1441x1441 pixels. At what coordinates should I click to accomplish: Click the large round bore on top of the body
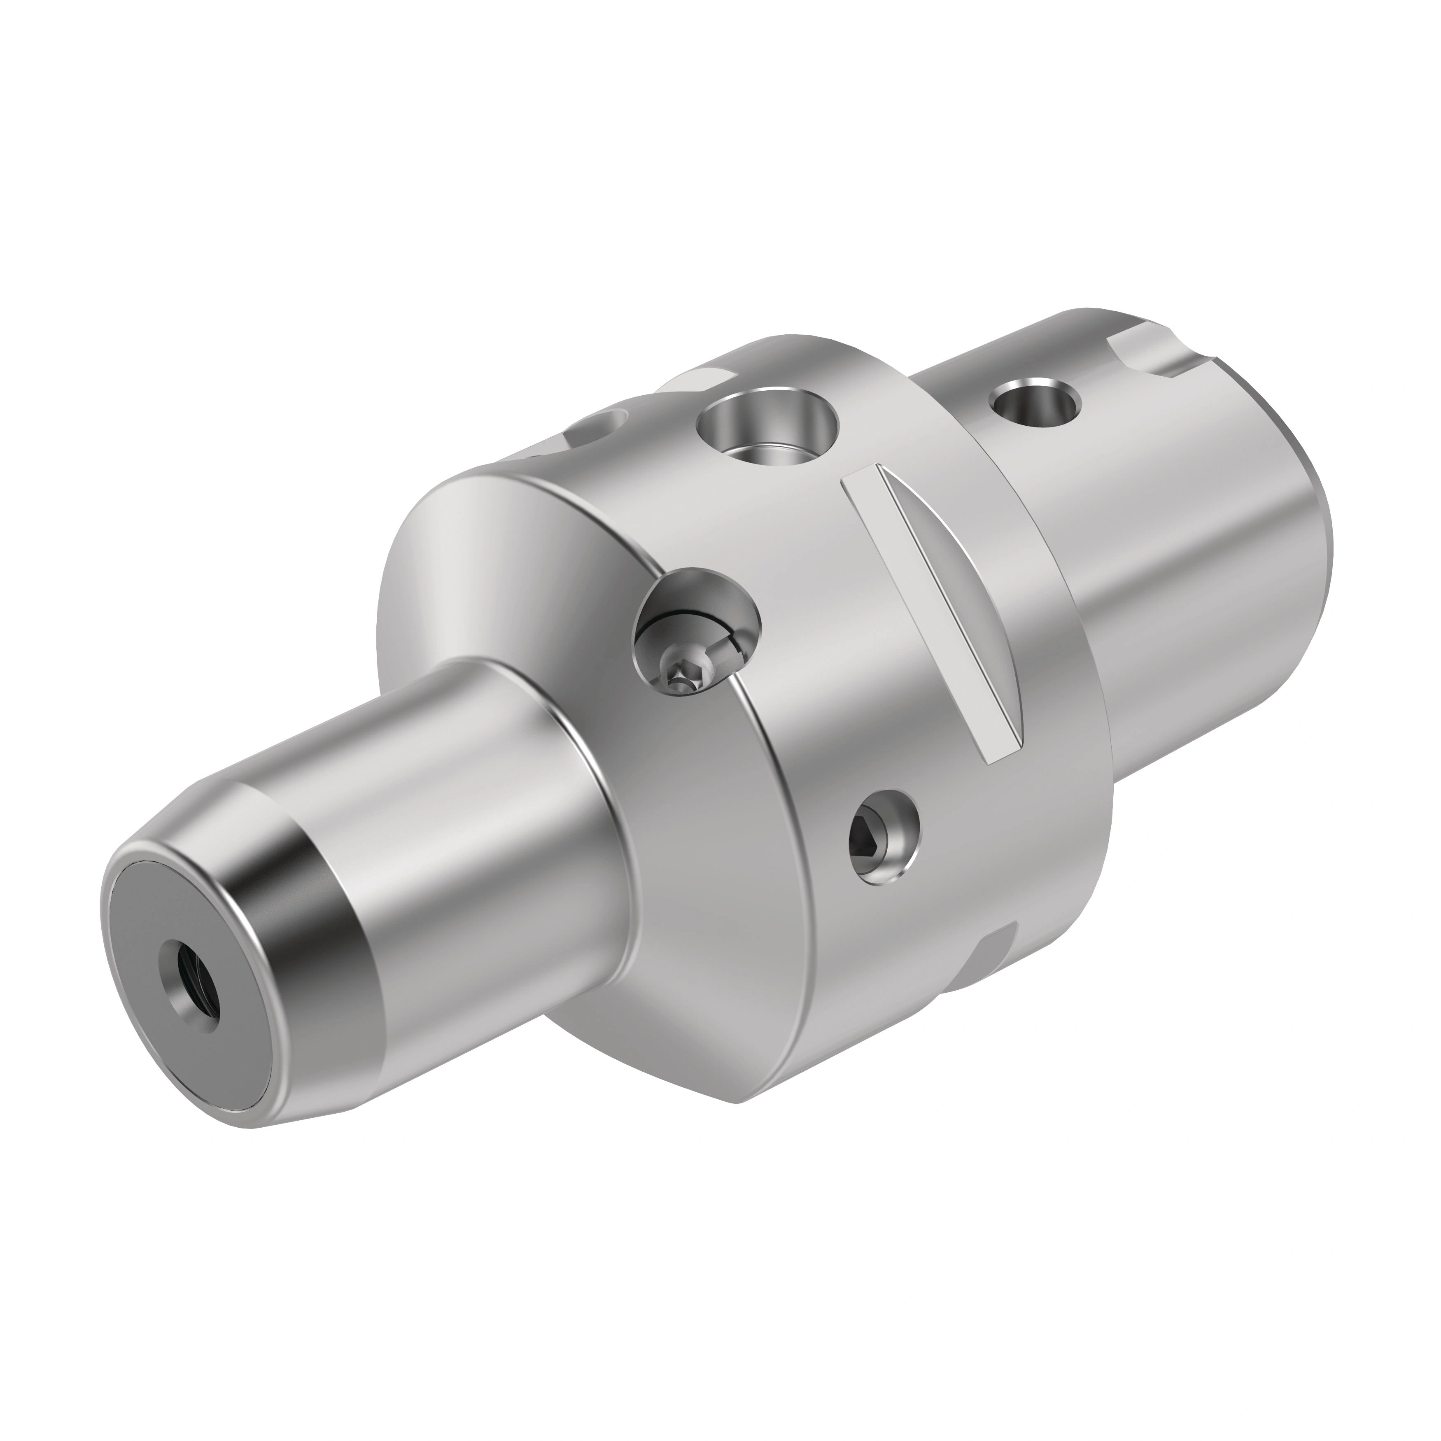click(767, 430)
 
